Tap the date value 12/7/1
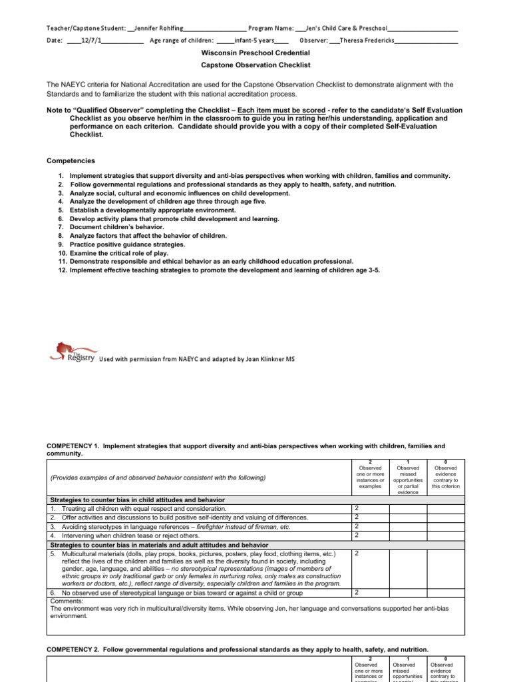[x=91, y=41]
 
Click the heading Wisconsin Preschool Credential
[x=255, y=53]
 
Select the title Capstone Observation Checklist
[x=255, y=65]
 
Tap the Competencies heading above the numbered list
[x=71, y=161]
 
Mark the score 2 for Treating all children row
[x=356, y=508]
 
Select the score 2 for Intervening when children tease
[x=356, y=535]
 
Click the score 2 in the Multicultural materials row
[x=356, y=553]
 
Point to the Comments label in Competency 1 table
[x=65, y=600]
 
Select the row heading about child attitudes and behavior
[x=138, y=500]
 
